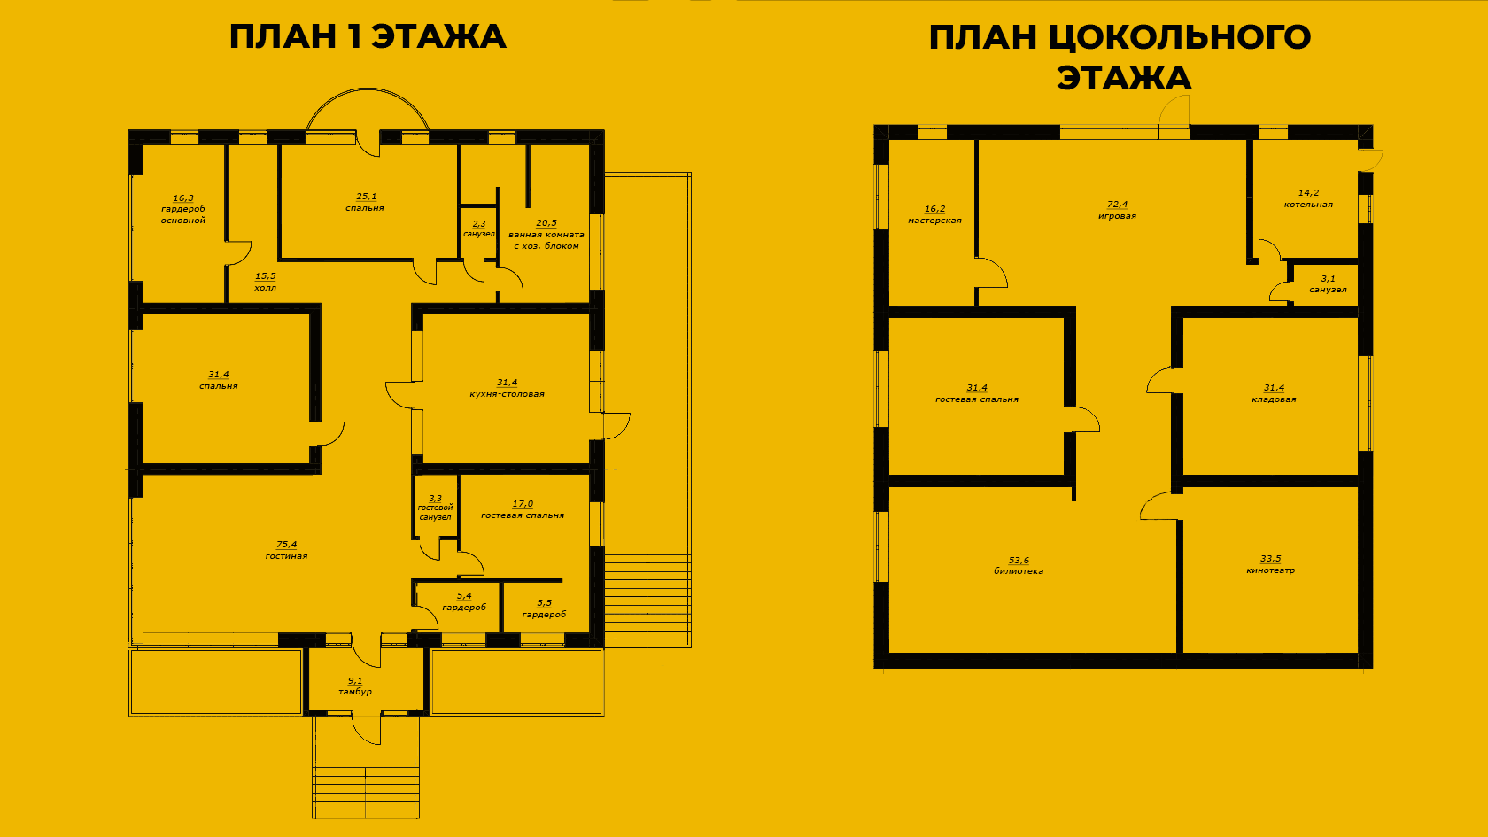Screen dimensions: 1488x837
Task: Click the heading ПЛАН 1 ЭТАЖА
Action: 368,36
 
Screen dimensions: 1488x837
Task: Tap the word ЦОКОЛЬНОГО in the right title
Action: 1180,36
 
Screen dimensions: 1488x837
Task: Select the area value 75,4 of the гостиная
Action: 286,545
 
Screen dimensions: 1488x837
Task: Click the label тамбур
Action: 355,692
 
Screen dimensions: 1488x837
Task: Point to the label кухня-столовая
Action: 507,394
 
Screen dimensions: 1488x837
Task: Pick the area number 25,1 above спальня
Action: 365,197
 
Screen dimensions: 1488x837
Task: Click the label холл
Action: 265,288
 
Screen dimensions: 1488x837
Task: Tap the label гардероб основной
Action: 183,214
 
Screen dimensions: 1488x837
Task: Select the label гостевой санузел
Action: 435,512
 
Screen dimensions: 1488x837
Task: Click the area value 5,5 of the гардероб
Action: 544,603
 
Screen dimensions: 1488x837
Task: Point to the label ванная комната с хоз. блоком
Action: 546,240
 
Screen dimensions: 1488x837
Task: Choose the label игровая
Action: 1118,216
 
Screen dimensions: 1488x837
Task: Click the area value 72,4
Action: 1118,205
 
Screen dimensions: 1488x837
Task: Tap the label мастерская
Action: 934,221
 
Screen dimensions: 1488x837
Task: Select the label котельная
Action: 1309,205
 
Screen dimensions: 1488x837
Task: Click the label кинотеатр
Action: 1271,570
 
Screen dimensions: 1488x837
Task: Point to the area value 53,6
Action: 1019,561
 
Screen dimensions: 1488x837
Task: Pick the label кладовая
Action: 1274,399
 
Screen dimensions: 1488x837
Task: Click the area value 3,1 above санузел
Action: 1328,279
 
